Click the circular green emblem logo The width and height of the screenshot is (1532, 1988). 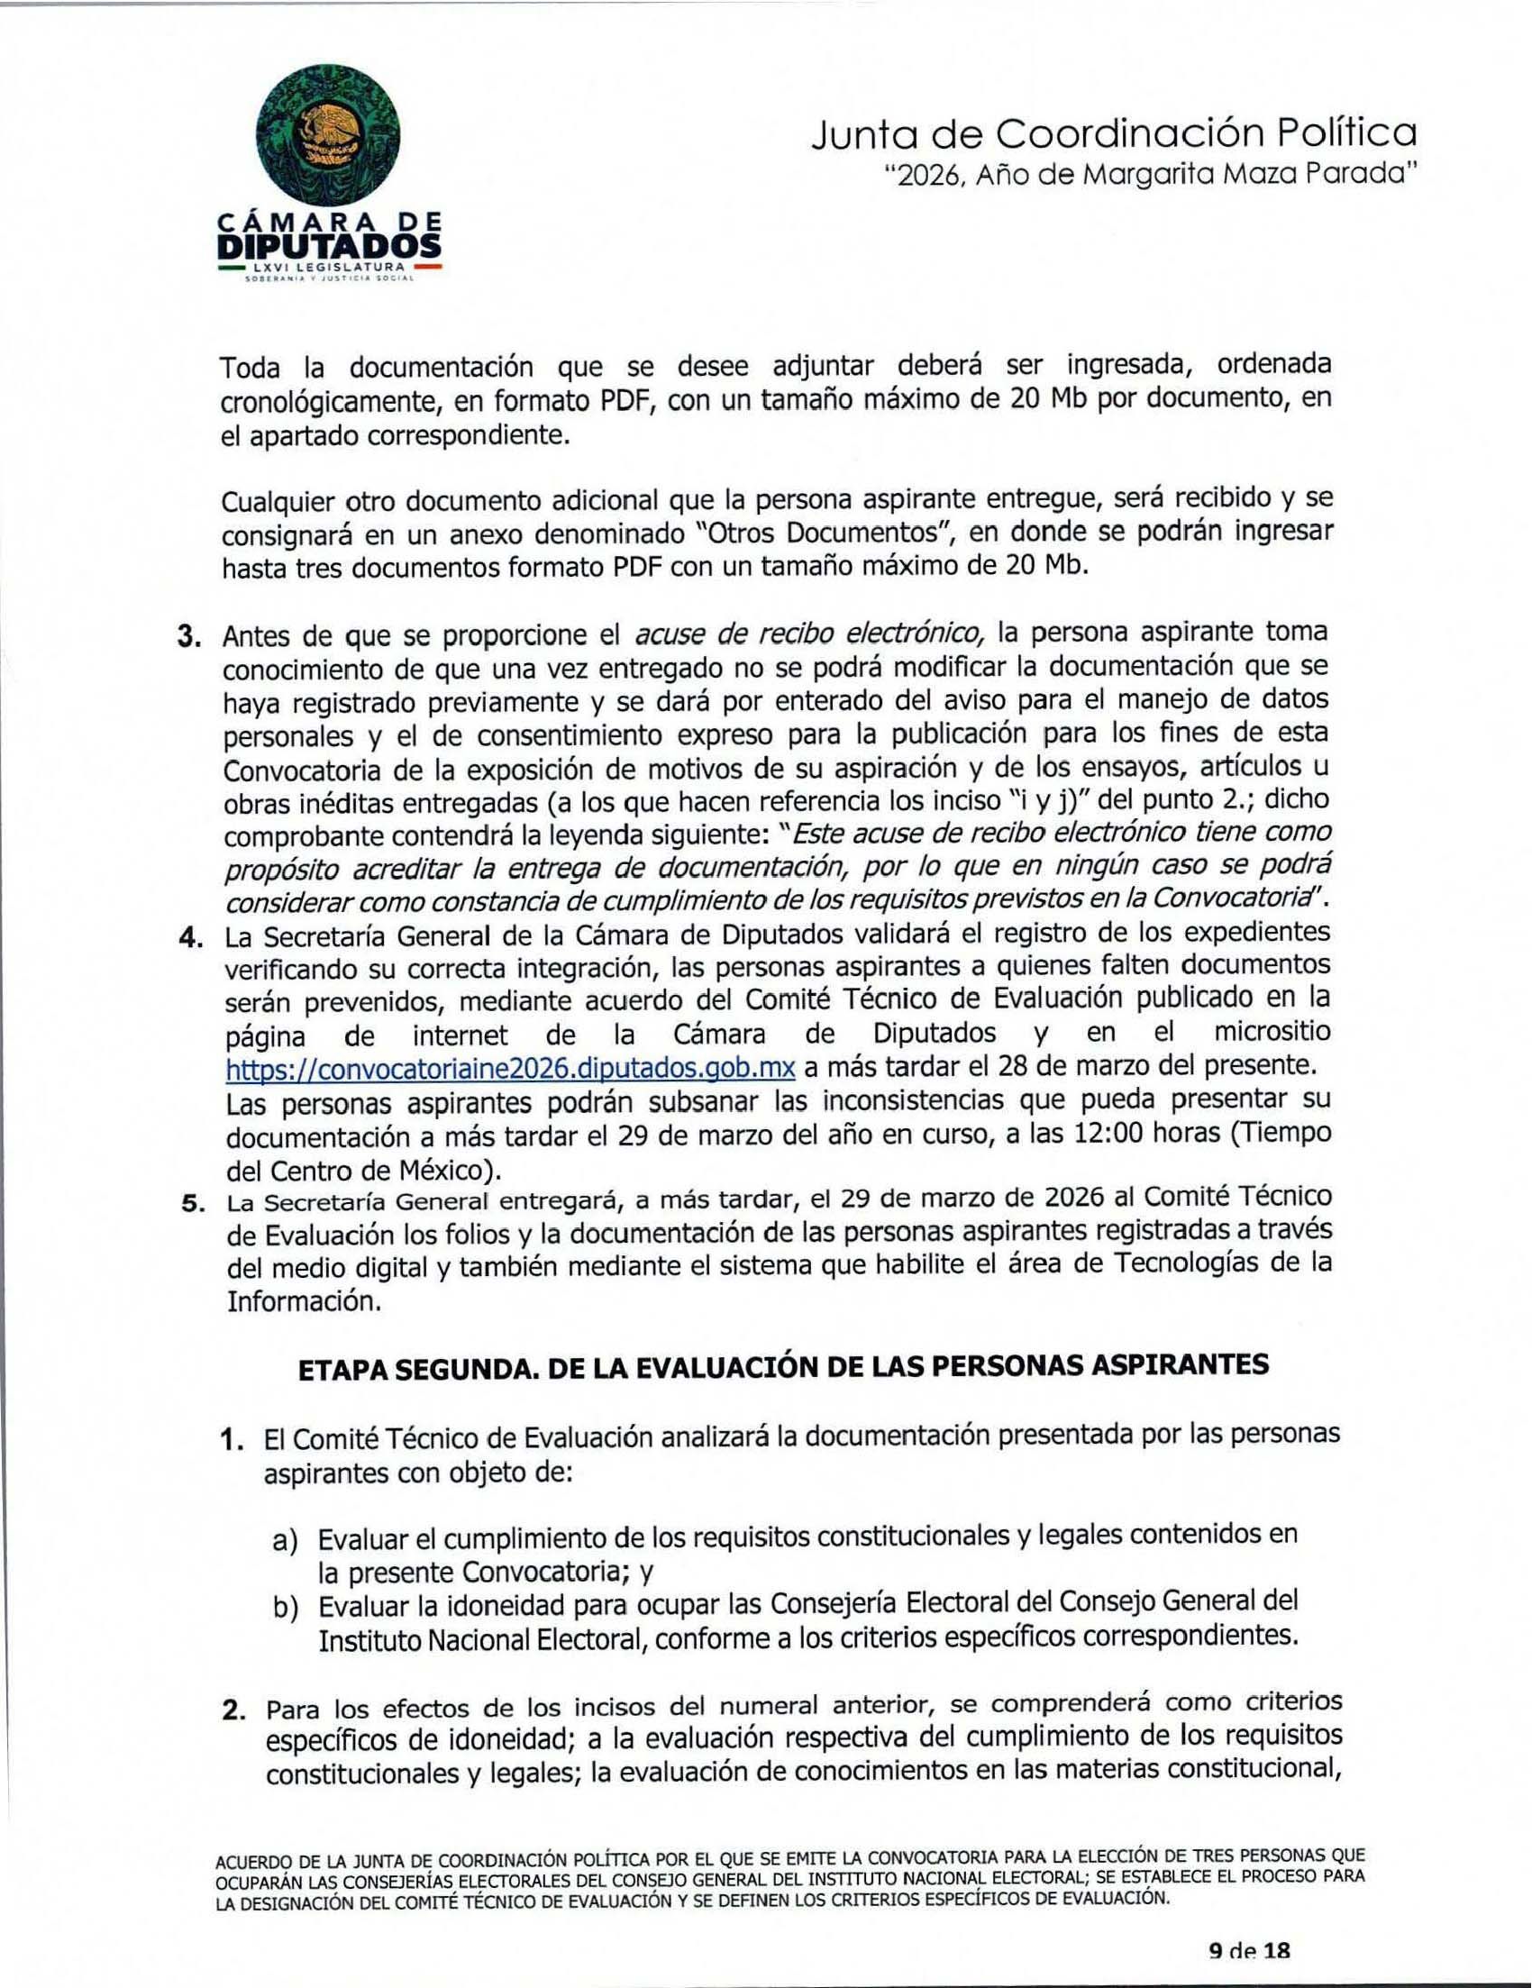point(330,138)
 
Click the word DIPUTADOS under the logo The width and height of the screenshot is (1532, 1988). point(330,245)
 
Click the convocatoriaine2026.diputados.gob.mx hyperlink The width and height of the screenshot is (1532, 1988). point(511,1067)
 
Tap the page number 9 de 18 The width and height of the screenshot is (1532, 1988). point(1249,1951)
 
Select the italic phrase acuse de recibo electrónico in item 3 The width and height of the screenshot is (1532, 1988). point(808,634)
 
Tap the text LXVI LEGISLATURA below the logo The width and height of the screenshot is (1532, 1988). point(329,267)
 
